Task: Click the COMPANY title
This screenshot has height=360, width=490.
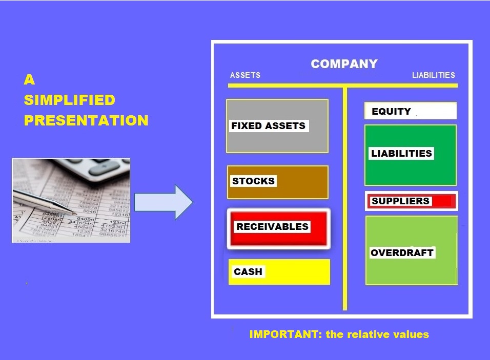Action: point(344,63)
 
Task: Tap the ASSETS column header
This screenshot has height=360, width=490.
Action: point(245,75)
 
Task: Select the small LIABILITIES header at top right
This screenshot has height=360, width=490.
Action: point(434,75)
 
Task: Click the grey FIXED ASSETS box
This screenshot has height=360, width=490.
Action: point(277,126)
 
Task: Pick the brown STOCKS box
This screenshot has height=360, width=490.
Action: point(277,182)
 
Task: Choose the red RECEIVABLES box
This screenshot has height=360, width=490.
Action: point(278,229)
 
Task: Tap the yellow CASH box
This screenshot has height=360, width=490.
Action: point(279,271)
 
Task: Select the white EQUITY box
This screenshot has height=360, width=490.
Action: point(411,111)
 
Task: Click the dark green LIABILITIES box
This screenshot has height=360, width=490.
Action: point(411,155)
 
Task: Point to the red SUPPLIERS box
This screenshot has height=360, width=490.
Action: point(411,201)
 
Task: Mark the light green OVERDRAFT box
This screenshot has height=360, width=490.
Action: point(411,250)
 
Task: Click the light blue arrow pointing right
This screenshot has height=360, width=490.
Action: point(164,202)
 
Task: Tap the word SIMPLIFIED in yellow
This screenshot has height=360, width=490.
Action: point(69,100)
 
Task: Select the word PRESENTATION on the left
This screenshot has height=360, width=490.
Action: point(86,120)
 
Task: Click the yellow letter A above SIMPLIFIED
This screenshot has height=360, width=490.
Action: point(29,79)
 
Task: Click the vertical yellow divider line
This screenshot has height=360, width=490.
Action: point(344,199)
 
